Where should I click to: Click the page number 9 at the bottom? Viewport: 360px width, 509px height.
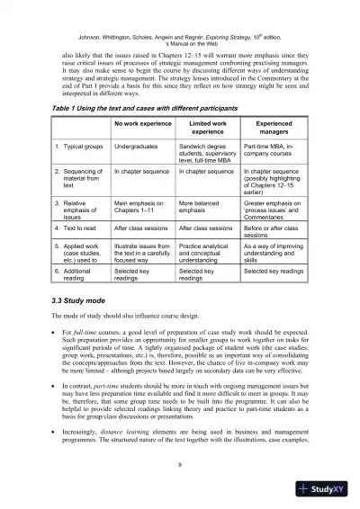[181, 465]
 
